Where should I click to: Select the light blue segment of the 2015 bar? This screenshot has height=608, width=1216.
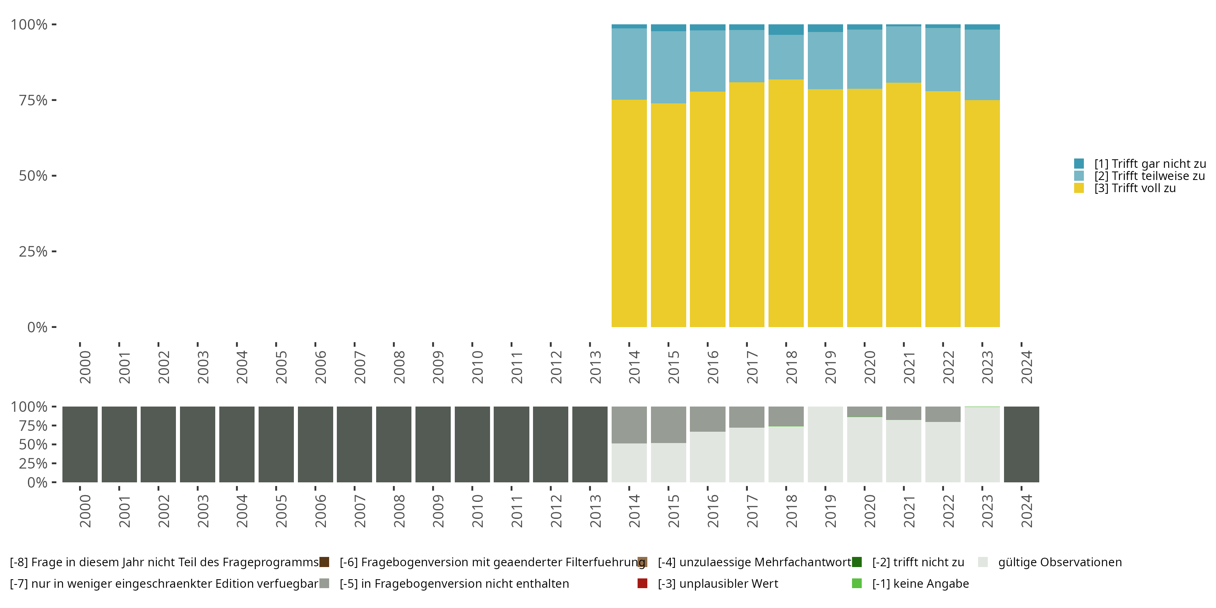(668, 67)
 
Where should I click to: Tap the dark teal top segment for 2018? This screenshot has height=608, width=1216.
(786, 29)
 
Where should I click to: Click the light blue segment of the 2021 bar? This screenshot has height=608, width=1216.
(903, 54)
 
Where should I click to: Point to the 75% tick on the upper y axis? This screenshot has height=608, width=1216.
(54, 100)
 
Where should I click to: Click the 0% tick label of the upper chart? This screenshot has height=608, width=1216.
(37, 327)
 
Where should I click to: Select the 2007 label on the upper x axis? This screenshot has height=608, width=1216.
(360, 367)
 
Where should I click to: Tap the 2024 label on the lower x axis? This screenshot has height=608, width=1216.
(1027, 511)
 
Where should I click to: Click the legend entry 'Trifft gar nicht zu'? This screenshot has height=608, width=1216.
(1150, 164)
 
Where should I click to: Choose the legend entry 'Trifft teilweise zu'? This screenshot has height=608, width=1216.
(1150, 176)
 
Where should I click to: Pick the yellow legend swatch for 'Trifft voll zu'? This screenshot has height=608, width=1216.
(1079, 188)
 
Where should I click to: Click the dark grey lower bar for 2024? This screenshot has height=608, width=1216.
(1021, 444)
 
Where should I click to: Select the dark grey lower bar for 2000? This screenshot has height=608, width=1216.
(80, 444)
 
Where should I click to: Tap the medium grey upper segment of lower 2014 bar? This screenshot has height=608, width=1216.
(629, 424)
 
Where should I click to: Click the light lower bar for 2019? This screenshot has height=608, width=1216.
(825, 444)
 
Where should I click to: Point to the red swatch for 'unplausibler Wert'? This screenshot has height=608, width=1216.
(642, 583)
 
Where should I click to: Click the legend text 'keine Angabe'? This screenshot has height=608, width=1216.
(920, 583)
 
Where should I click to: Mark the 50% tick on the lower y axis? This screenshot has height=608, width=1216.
(54, 444)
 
